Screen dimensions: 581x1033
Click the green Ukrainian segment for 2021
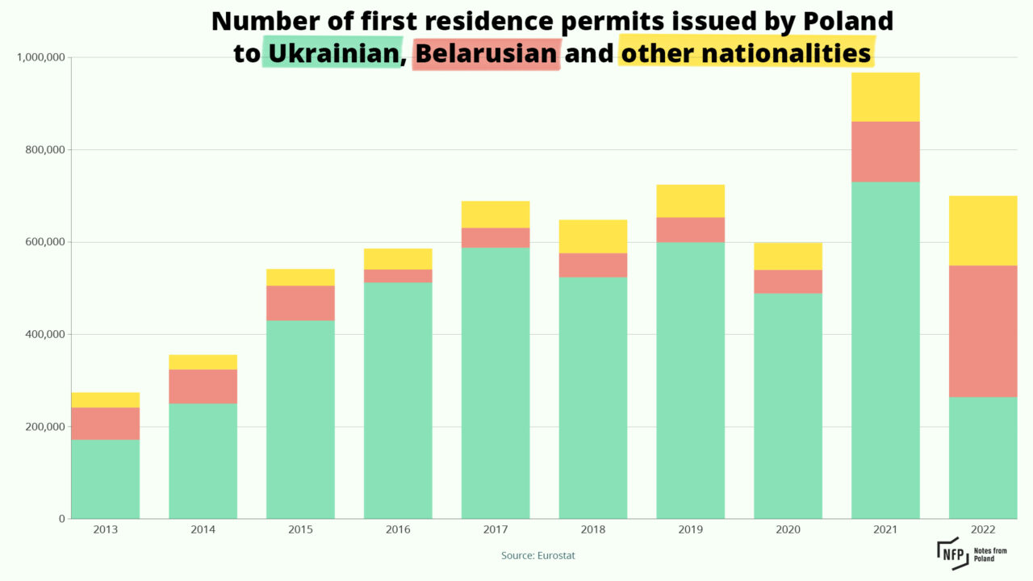pos(885,350)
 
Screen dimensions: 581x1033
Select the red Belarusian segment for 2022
pos(982,331)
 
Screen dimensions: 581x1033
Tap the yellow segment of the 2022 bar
pos(982,231)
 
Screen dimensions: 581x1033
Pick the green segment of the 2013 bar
pos(105,479)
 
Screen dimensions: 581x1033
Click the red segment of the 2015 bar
pos(300,303)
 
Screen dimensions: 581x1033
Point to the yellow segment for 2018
pos(593,236)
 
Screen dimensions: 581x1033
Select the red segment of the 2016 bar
pos(398,276)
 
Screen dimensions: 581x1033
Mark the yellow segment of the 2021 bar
pos(885,97)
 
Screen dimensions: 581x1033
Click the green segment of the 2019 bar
pos(690,380)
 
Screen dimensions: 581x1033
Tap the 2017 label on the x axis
pos(496,530)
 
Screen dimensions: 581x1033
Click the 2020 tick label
pos(788,530)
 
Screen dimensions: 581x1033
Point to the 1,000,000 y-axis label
pos(40,57)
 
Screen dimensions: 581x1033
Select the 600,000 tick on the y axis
pos(45,242)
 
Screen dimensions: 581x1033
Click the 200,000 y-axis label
pos(45,427)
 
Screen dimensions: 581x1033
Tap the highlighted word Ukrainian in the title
pos(332,53)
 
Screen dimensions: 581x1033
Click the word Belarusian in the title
pos(487,53)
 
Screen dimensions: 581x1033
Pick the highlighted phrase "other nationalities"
pos(747,53)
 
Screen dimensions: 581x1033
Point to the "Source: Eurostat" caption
pos(538,556)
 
